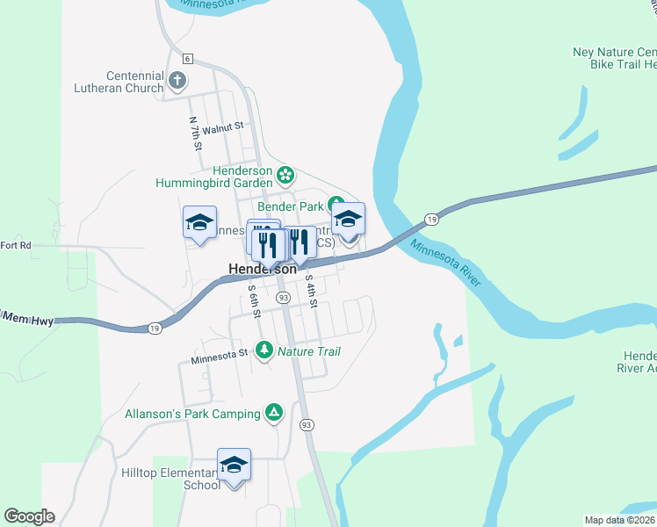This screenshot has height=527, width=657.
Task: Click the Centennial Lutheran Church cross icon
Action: coord(177,82)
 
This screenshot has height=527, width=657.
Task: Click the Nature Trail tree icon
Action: coord(264,350)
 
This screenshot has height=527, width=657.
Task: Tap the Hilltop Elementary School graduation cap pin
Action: coord(234,465)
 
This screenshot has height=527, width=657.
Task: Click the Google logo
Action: coord(29,516)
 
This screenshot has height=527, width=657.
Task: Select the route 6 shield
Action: coord(188,58)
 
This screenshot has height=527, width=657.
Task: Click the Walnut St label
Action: coord(221,128)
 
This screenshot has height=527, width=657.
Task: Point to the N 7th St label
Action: coord(195,132)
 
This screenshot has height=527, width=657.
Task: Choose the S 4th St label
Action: coord(310,289)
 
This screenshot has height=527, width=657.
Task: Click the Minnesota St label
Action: coord(220,355)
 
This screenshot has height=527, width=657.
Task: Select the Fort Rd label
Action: coord(16,245)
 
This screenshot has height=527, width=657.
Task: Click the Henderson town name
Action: coord(262,269)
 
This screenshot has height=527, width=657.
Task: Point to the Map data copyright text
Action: coord(620,520)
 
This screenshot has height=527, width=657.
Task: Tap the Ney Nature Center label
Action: coord(614,52)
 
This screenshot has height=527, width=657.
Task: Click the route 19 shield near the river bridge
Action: coord(430,218)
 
